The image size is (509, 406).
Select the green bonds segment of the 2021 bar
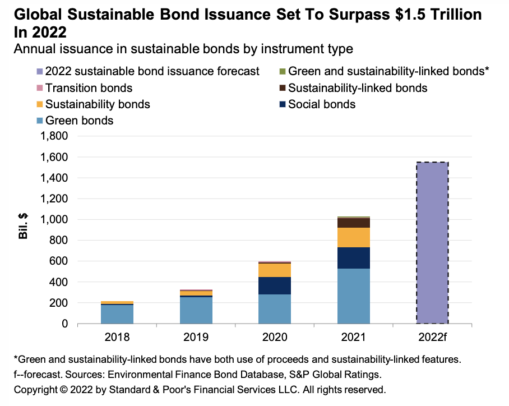click(x=354, y=296)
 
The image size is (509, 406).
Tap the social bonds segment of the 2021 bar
click(x=354, y=258)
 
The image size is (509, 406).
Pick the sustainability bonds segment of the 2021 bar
click(x=354, y=237)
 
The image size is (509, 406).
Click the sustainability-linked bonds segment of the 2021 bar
click(x=354, y=223)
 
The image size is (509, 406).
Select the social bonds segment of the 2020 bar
click(x=275, y=285)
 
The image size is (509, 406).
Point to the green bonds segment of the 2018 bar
click(x=117, y=314)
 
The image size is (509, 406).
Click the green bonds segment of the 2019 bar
click(x=196, y=310)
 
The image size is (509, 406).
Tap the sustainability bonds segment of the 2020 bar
click(x=275, y=270)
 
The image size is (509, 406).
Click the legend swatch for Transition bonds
click(x=39, y=88)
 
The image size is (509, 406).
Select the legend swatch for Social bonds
click(x=282, y=104)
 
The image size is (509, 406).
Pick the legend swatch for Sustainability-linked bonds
click(x=282, y=88)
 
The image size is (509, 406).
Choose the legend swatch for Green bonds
click(x=39, y=121)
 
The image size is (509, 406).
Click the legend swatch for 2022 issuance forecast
click(x=39, y=71)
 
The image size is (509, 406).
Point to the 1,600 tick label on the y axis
click(x=54, y=157)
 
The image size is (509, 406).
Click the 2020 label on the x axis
click(x=275, y=338)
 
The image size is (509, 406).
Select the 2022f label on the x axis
click(x=432, y=338)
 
